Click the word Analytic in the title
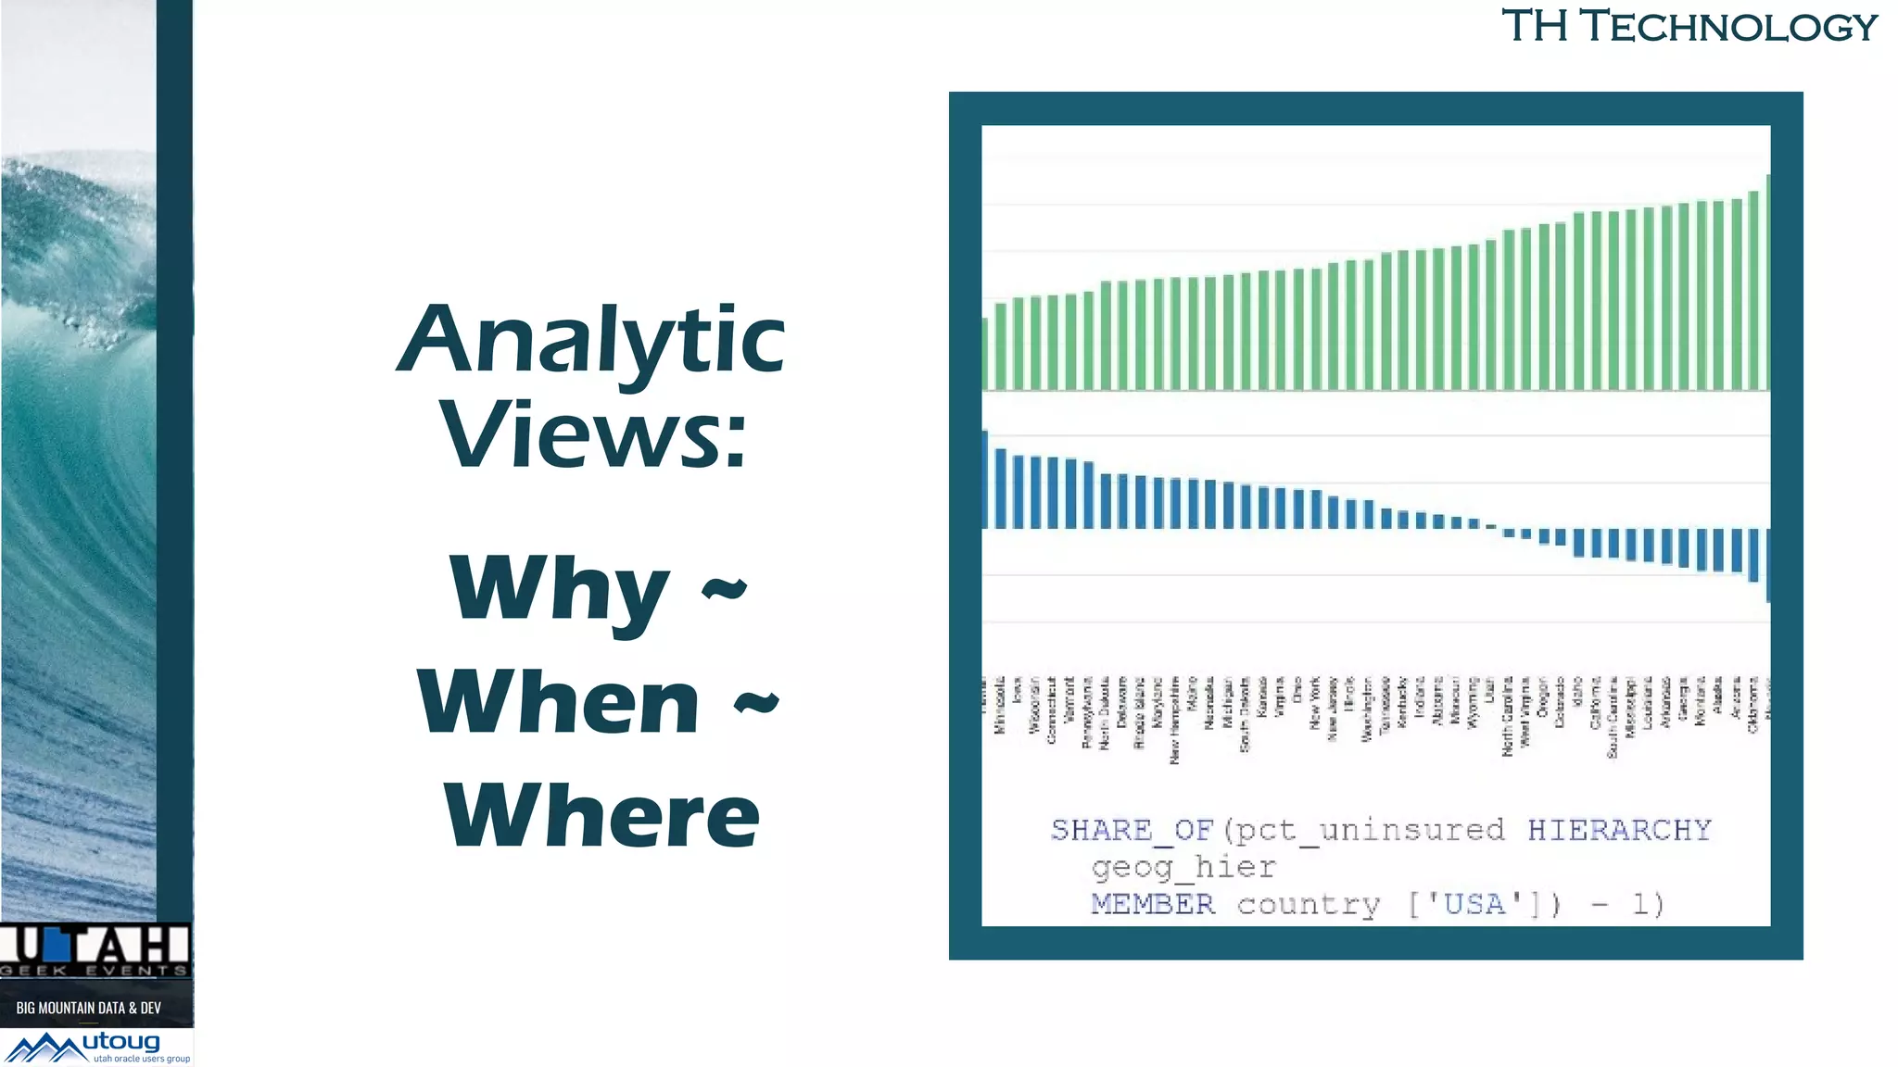pos(591,341)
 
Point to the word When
pos(559,702)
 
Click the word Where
pos(601,815)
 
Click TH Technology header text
pos(1689,26)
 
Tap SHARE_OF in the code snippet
pos(1132,830)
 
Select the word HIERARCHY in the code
pos(1618,830)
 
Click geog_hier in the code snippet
pos(1183,867)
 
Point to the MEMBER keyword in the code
pos(1152,904)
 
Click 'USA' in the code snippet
pos(1474,904)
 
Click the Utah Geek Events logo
pos(95,949)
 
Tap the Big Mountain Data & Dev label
pos(89,1008)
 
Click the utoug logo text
pos(121,1043)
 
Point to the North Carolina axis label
pos(1508,716)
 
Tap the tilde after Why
pos(724,589)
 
